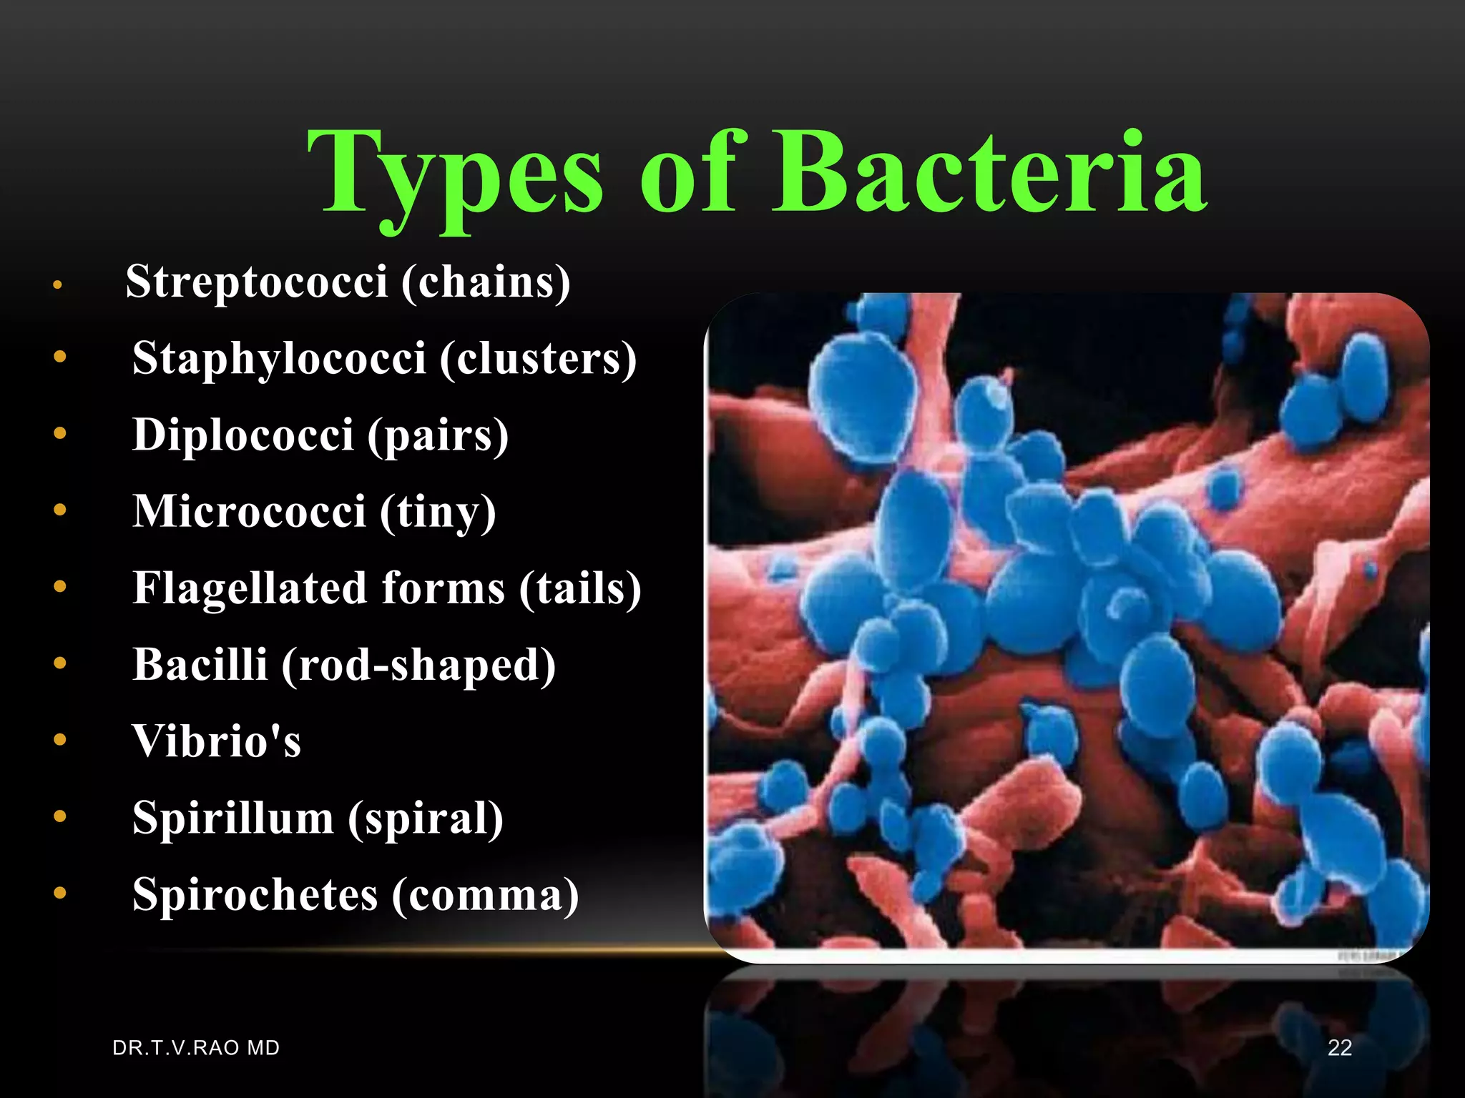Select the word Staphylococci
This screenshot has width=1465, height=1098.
tap(279, 358)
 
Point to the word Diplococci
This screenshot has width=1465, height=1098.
tap(243, 435)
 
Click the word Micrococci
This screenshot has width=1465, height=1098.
tap(249, 511)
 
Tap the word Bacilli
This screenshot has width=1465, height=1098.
tap(200, 664)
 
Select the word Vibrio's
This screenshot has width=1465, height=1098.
tap(216, 741)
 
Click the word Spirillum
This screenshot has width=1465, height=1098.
tap(232, 817)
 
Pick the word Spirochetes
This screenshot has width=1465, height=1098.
tap(255, 894)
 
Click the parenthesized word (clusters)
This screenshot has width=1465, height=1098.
tap(538, 358)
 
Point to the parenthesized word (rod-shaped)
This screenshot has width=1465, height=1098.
tap(418, 666)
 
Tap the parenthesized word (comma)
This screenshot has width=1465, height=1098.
tap(485, 895)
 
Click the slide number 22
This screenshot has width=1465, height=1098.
tap(1339, 1048)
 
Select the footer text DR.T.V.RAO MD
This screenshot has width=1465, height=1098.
tap(196, 1048)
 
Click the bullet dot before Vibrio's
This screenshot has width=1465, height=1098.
tap(60, 740)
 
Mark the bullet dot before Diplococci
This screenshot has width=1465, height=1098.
tap(60, 433)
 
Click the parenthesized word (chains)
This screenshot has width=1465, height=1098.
tap(486, 282)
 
